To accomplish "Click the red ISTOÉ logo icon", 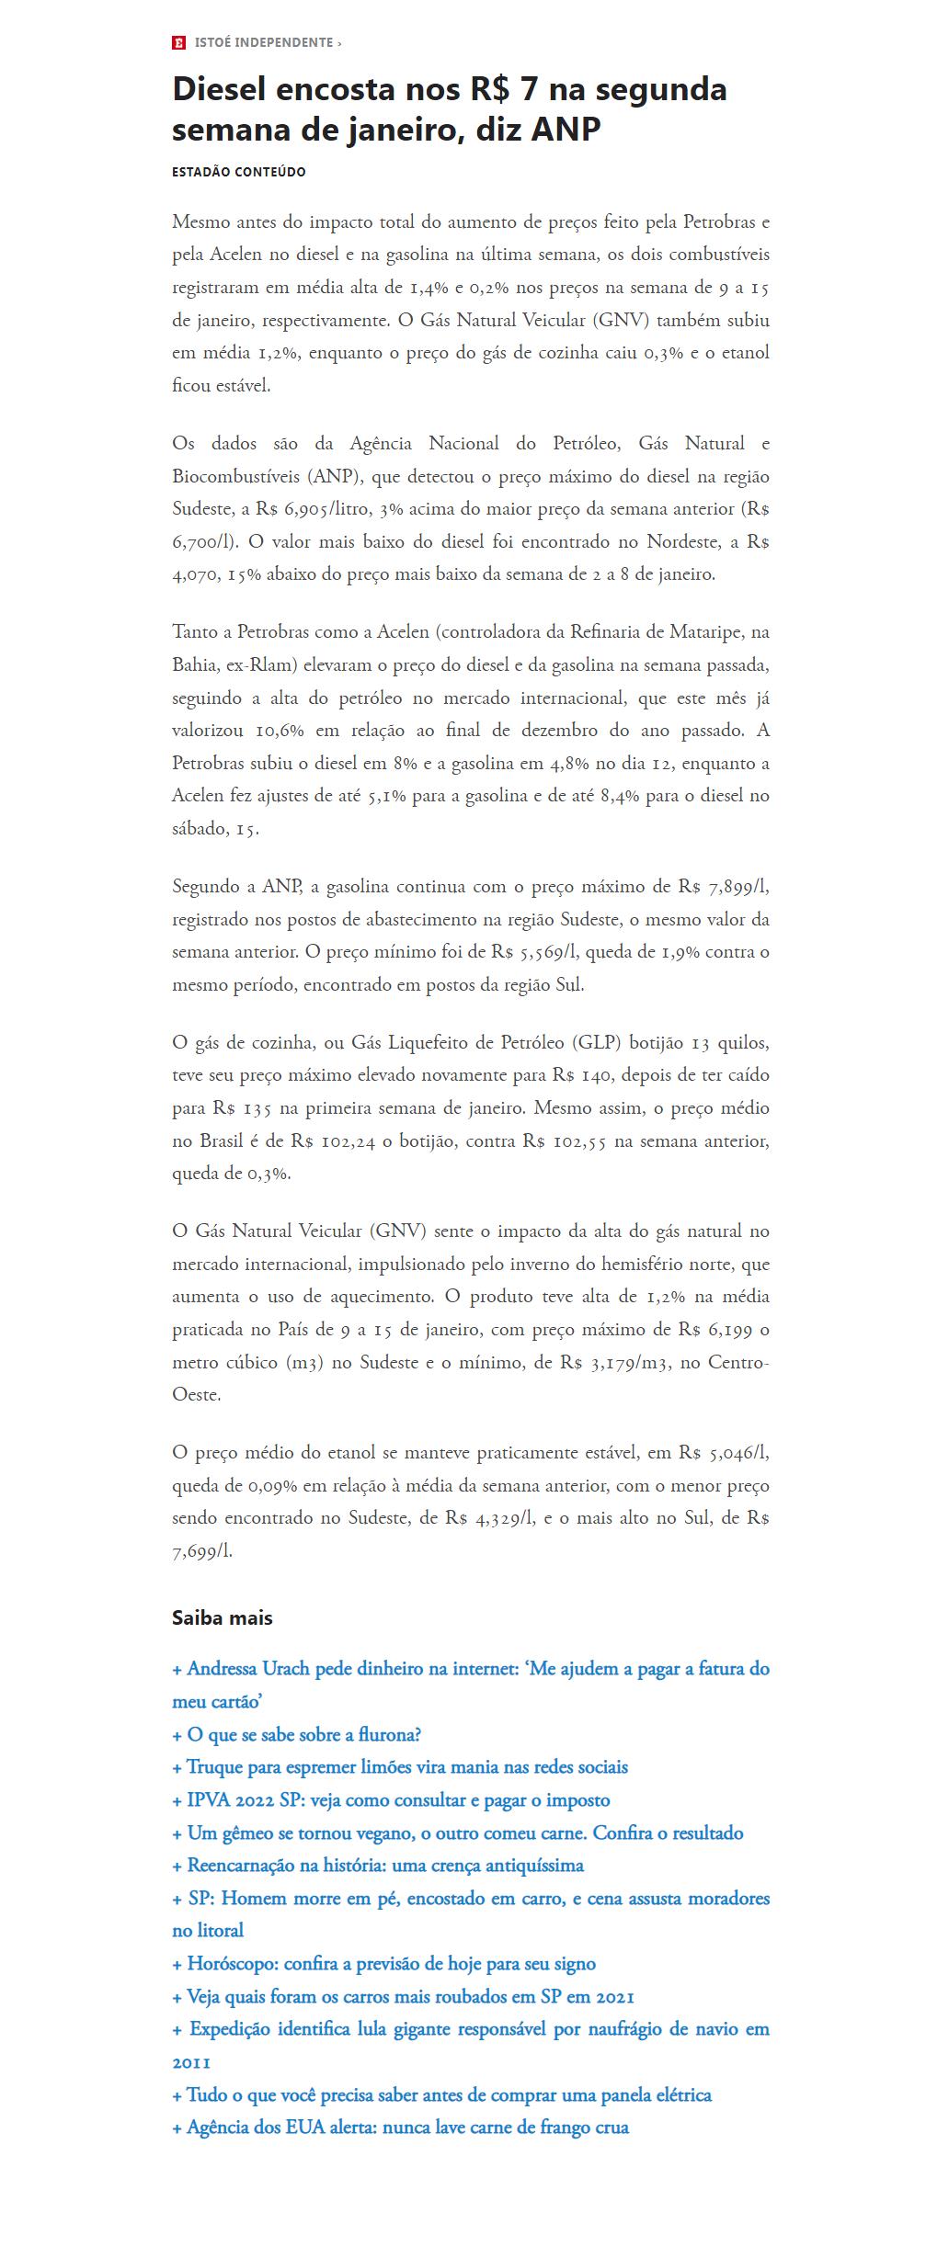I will click(178, 42).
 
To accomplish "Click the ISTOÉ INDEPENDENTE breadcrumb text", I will click(264, 42).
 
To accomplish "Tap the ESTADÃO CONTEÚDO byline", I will click(238, 172).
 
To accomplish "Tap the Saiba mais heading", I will click(222, 1617).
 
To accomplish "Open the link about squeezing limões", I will click(400, 1767).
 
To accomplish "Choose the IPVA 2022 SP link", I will click(391, 1799).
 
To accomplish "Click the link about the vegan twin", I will click(458, 1832).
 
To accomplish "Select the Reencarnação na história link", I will click(378, 1866).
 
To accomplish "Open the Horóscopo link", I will click(383, 1964).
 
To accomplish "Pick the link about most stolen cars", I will click(403, 1996).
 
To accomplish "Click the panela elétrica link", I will click(441, 2094).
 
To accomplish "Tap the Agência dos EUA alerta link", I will click(400, 2128).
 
